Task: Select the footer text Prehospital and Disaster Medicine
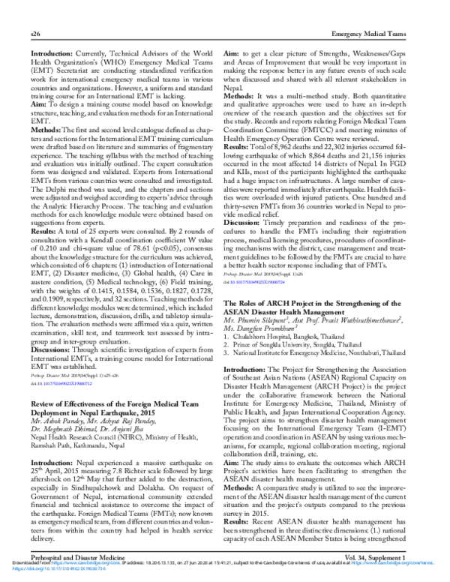point(80,557)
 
